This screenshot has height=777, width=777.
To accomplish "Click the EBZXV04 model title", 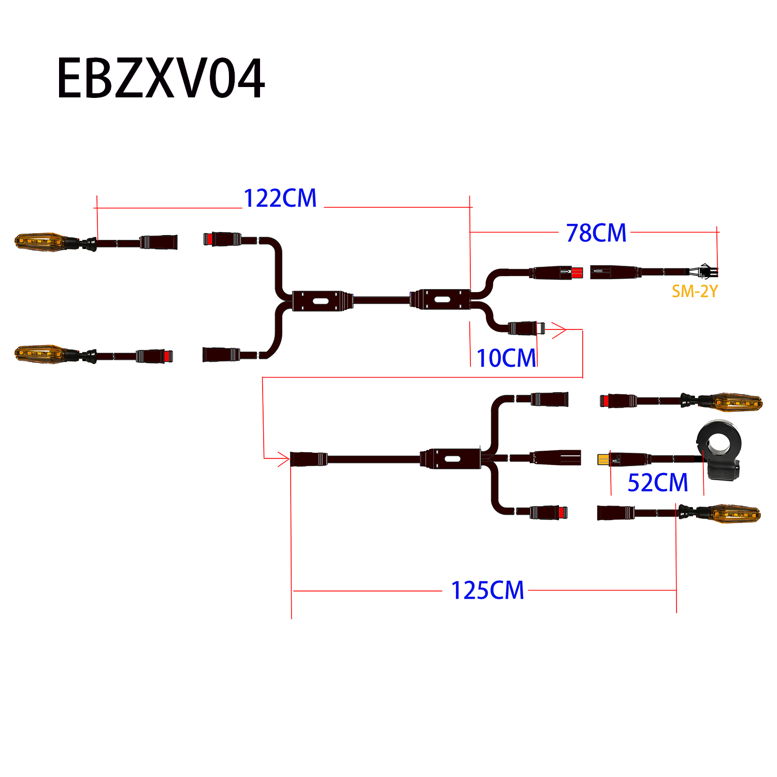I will point(161,79).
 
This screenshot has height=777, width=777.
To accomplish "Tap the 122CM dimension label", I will point(280,198).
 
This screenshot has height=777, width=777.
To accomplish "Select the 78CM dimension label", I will point(596,233).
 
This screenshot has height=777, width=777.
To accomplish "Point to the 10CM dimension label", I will point(506,358).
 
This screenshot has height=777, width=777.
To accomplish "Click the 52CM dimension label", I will point(657,483).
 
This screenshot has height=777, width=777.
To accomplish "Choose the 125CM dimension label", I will point(487,591).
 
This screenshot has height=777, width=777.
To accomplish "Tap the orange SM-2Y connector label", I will point(695,292).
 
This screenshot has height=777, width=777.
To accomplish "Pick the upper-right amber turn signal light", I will point(737,401).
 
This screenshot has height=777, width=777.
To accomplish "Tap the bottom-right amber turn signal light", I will point(736,514).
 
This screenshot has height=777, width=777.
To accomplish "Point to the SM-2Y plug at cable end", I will point(706,271).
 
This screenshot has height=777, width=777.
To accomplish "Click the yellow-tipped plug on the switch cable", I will point(603,459).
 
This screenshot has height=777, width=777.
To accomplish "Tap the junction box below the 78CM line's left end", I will point(441,300).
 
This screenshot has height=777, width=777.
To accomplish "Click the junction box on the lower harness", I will point(451,459).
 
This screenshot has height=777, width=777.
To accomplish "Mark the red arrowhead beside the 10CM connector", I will point(559,329).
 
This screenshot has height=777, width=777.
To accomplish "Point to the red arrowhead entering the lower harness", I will point(283,459).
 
